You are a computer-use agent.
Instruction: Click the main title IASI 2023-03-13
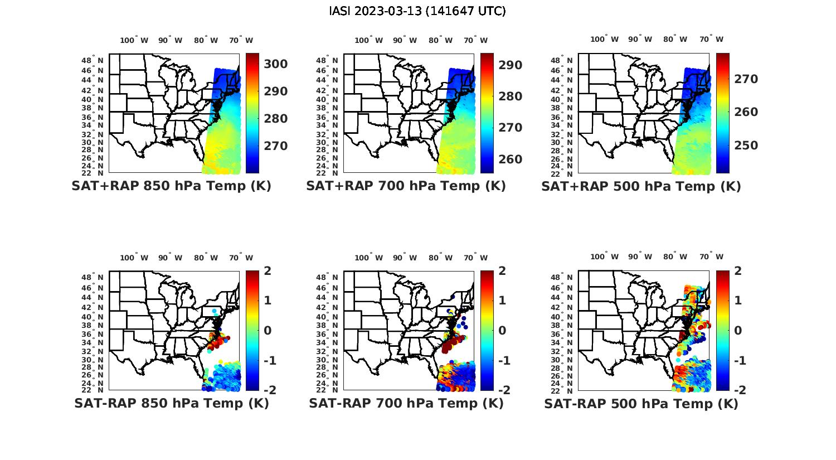click(x=417, y=11)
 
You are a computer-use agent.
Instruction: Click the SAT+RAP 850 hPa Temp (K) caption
click(x=171, y=186)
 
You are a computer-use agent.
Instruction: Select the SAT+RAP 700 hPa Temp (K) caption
click(x=406, y=186)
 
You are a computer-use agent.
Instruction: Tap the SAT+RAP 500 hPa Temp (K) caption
click(x=641, y=186)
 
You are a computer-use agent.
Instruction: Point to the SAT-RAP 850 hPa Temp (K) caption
click(x=171, y=403)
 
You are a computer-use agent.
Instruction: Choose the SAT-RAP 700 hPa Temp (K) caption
click(x=406, y=403)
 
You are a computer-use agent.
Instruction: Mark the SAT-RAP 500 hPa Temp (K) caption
click(x=641, y=404)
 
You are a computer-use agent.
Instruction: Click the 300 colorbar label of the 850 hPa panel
click(x=276, y=64)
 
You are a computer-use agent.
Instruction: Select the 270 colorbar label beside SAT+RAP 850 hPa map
click(x=276, y=146)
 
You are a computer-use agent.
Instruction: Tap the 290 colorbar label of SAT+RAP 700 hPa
click(x=511, y=65)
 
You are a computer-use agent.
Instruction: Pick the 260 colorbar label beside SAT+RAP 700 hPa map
click(x=511, y=159)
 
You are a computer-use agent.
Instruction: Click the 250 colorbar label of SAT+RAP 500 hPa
click(x=746, y=146)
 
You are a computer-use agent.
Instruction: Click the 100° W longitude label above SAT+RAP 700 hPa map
click(x=368, y=40)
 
